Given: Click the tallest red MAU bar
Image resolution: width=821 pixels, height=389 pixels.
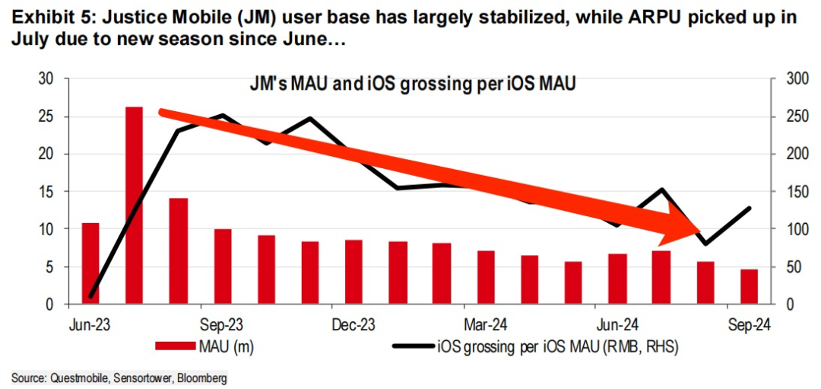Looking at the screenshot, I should (134, 206).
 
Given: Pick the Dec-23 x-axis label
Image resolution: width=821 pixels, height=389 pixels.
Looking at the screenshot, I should (355, 324).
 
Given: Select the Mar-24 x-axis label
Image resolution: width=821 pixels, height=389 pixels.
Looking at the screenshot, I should (484, 324).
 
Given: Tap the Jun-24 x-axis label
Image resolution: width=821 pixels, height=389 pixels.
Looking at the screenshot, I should (618, 324).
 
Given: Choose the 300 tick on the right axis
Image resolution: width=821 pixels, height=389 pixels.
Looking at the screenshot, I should (791, 79).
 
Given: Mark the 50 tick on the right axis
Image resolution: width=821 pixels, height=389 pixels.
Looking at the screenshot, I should (788, 267).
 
